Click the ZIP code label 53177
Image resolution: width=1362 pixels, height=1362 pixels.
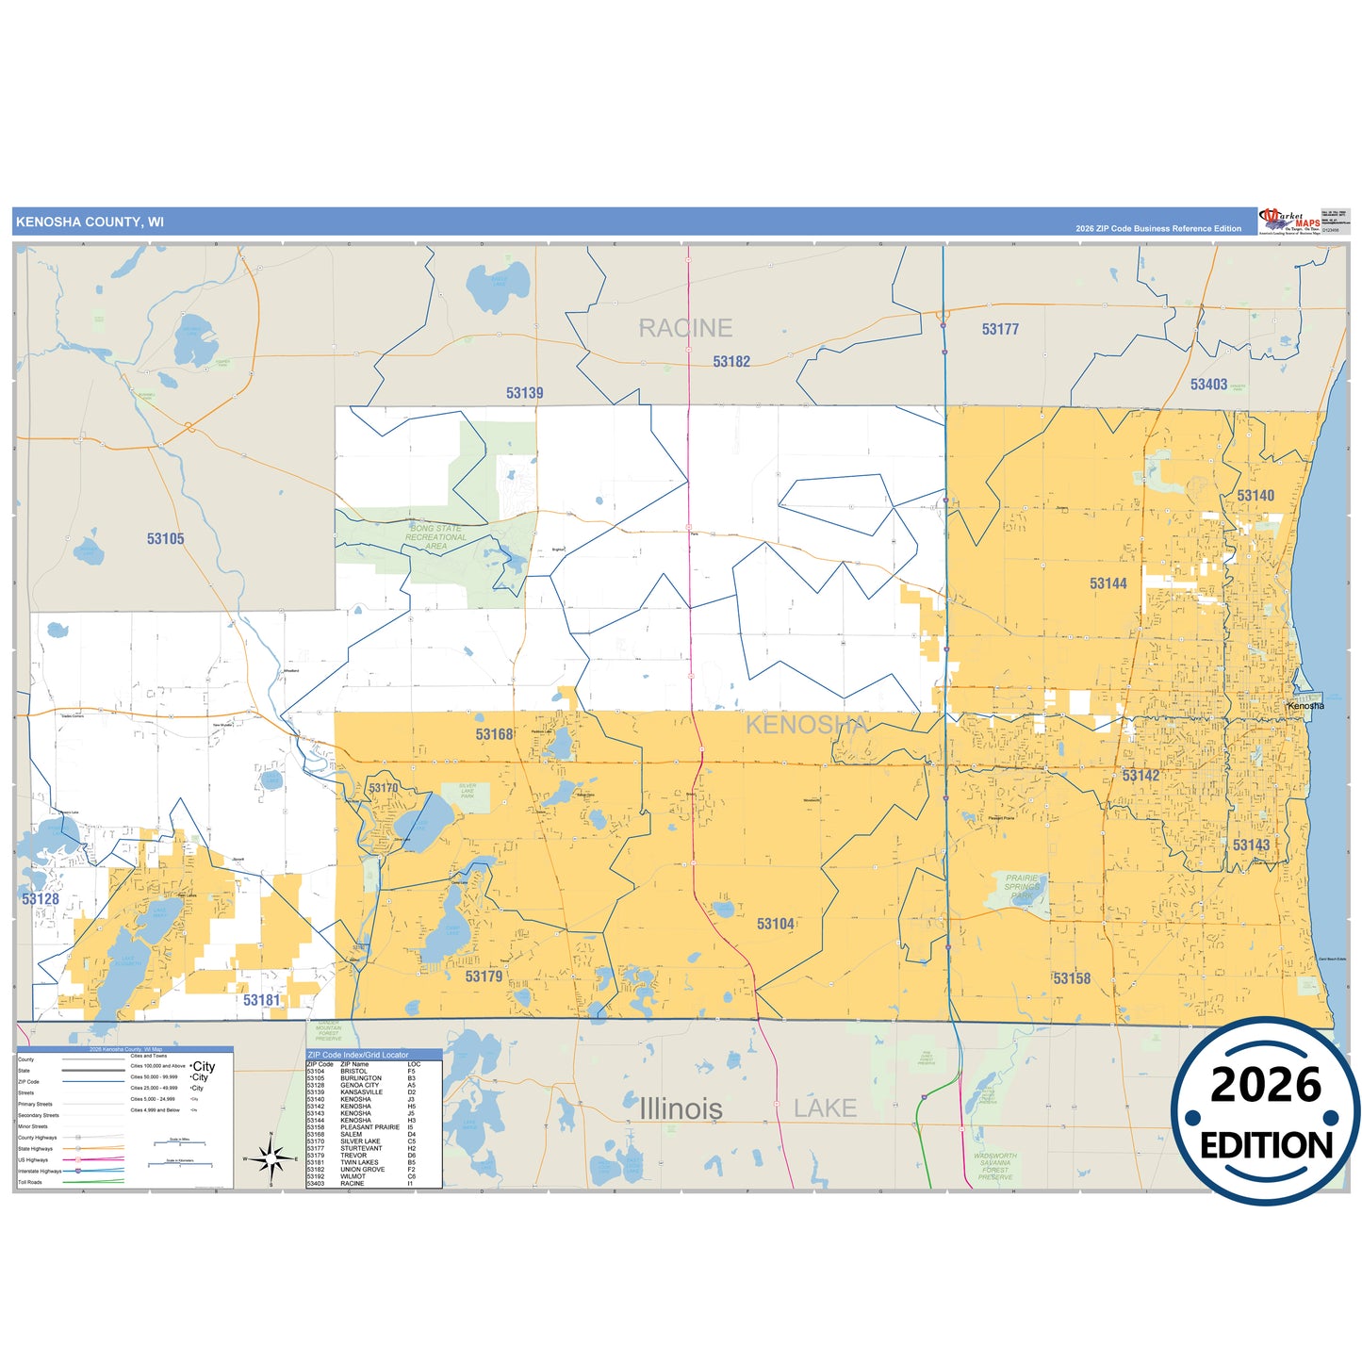point(1000,329)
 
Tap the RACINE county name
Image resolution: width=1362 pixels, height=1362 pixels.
point(685,328)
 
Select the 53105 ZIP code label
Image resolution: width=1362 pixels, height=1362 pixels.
point(165,539)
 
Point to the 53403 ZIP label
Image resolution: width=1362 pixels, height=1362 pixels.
point(1208,385)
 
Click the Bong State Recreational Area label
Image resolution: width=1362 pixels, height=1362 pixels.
point(435,537)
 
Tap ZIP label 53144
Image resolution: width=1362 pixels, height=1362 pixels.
point(1108,584)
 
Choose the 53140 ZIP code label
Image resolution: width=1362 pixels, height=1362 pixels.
point(1255,496)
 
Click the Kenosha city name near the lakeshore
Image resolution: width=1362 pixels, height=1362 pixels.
point(1305,706)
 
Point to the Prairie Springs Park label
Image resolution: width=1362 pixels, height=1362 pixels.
point(1022,888)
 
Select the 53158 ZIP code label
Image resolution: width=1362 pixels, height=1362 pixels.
point(1072,979)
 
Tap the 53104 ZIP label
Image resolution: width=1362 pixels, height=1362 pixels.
point(776,925)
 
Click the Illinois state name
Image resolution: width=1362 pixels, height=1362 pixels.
point(681,1109)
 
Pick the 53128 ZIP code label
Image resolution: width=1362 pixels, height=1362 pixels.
point(41,899)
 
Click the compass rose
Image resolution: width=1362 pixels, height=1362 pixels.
point(271,1158)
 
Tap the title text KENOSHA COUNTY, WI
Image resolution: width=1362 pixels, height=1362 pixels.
point(90,222)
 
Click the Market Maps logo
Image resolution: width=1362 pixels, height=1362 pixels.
point(1289,222)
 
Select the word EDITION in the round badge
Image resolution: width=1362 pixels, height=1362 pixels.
point(1266,1145)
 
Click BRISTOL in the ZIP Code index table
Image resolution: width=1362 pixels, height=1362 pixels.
point(354,1072)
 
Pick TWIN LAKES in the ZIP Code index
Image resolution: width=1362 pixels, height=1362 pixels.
point(359,1162)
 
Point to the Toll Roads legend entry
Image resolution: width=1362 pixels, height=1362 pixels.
point(30,1182)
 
